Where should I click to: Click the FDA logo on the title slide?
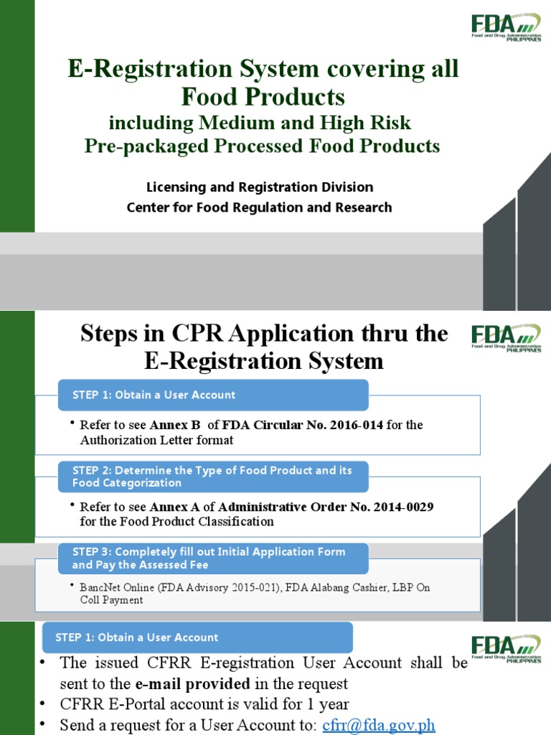pos(505,27)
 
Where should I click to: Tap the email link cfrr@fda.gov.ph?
pos(379,725)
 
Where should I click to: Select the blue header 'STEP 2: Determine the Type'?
pos(212,477)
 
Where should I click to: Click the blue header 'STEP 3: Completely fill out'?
pos(209,558)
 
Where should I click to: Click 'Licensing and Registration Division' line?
pos(260,187)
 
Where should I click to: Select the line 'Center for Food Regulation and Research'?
pos(260,207)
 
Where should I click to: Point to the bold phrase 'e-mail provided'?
pos(189,683)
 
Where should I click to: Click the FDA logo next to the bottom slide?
pos(505,645)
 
